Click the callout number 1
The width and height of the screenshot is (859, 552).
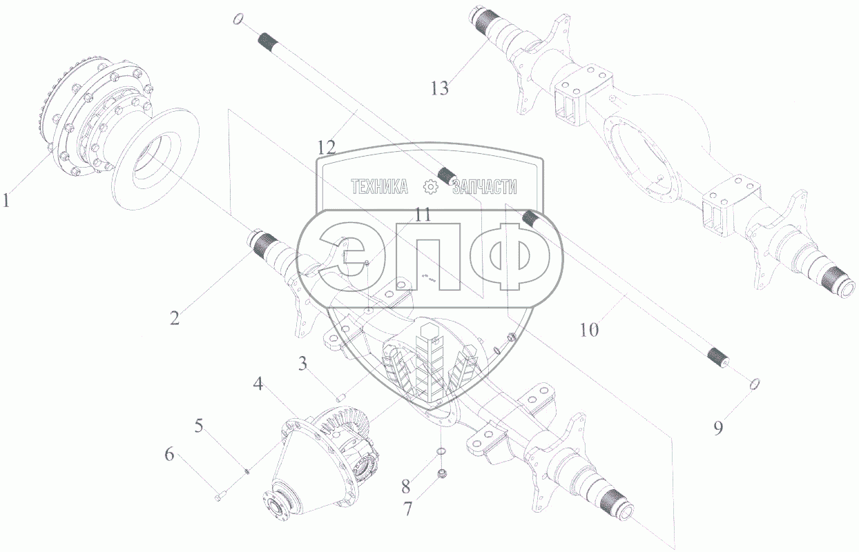click(6, 200)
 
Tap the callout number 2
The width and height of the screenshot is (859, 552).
click(175, 318)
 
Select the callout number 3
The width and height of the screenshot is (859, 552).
click(303, 364)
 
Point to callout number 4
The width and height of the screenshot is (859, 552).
click(258, 384)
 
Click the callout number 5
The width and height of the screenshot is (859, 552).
click(199, 425)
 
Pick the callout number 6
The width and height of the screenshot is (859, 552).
click(169, 454)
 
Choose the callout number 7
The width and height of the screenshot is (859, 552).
click(407, 509)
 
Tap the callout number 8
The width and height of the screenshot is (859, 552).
click(406, 486)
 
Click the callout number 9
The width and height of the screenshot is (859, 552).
click(718, 428)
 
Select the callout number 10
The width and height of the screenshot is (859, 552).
click(589, 329)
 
